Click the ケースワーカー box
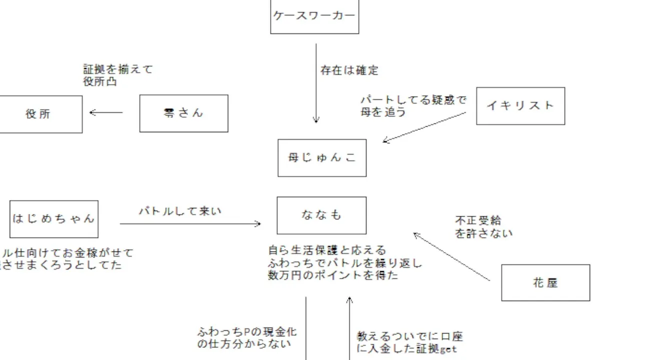coord(314,16)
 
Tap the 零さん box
coord(184,113)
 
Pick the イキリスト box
coord(520,106)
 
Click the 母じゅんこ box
coord(322,158)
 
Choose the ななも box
coord(322,215)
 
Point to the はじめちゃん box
coord(54,219)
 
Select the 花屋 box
coord(545,283)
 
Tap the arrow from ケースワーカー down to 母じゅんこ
coord(316,83)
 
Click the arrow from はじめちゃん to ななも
coord(190,224)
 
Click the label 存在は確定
coord(349,70)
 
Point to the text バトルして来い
coord(180,211)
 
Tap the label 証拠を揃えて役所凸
coord(118,75)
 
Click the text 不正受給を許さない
coord(483,226)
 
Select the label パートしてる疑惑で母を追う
coord(413,106)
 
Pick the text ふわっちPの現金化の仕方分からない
coord(247,337)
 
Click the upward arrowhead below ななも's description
coord(350,300)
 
